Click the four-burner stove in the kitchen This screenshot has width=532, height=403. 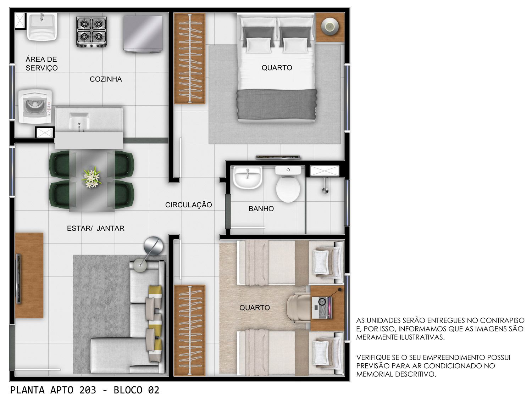(92, 32)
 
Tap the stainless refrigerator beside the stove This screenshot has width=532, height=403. (143, 34)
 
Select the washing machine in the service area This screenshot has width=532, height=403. (35, 106)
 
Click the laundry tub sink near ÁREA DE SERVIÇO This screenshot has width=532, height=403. (42, 26)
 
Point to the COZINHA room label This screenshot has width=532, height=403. (106, 79)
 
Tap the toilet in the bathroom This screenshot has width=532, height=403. (288, 184)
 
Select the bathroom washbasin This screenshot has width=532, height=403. (248, 178)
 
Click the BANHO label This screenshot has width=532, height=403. (261, 208)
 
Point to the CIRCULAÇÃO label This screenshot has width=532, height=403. (189, 205)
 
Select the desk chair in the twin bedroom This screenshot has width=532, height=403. (299, 308)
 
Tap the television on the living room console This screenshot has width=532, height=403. (18, 278)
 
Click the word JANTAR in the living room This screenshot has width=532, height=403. (111, 228)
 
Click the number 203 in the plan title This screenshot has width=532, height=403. (88, 390)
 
